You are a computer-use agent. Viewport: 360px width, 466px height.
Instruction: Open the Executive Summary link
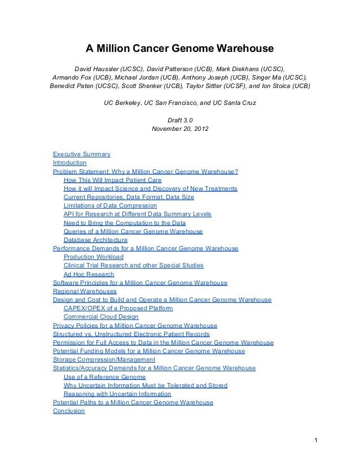[81, 154]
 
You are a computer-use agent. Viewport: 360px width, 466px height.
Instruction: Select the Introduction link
[69, 162]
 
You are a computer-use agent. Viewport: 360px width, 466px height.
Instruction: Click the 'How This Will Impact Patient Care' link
[112, 180]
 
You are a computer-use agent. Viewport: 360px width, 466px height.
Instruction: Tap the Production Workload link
[94, 257]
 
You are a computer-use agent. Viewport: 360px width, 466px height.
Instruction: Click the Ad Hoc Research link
[89, 274]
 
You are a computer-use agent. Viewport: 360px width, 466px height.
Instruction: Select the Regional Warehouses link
[85, 291]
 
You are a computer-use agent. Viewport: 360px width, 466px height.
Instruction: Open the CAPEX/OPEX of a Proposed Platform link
[118, 309]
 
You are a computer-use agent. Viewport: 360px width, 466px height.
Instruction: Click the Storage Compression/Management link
[104, 360]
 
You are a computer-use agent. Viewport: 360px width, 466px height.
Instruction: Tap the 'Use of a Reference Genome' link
[104, 377]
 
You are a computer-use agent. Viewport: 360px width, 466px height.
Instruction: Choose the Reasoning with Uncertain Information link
[117, 394]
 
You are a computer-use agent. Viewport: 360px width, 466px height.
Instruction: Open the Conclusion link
[68, 411]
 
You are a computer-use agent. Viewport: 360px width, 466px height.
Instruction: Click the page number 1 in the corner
[317, 440]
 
